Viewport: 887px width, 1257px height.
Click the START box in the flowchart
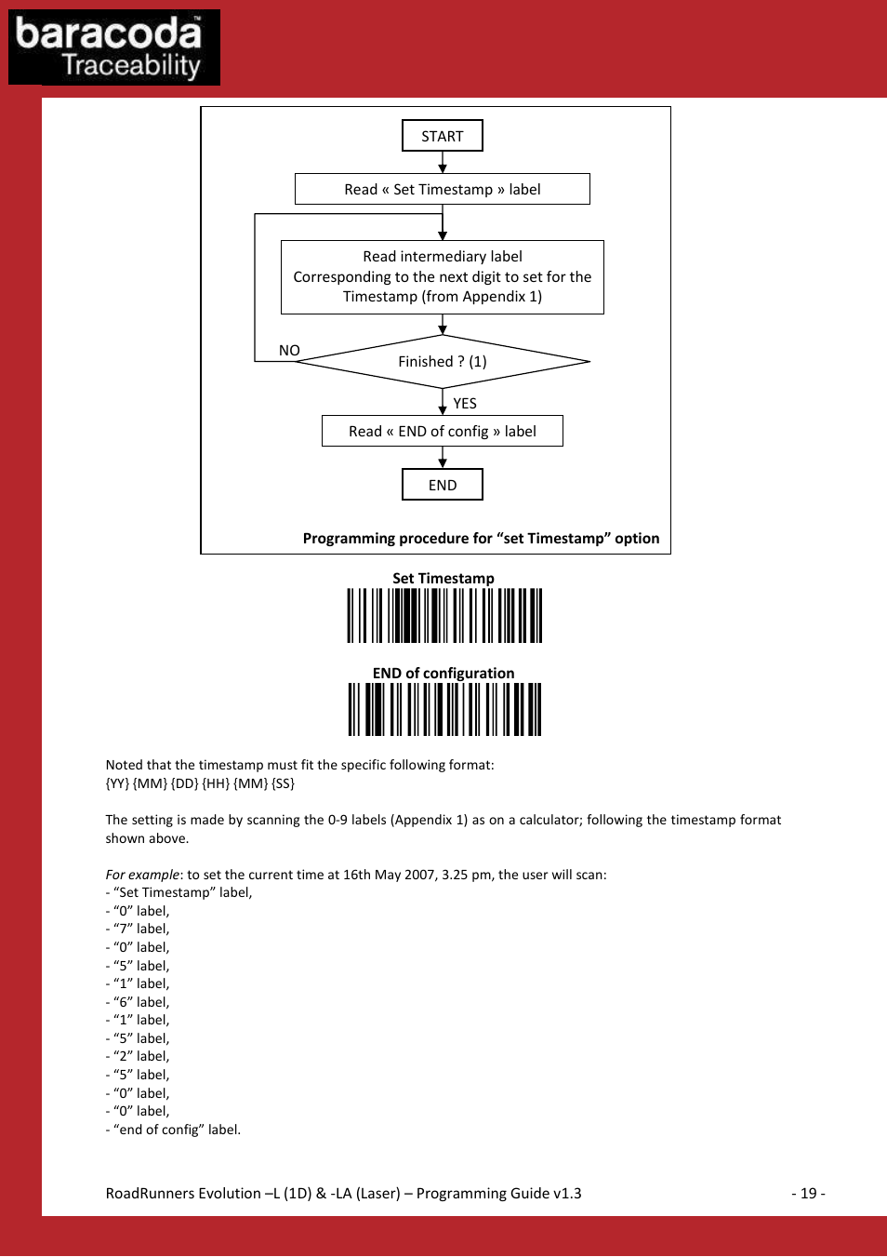click(443, 136)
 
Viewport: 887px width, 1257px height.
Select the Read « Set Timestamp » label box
click(443, 189)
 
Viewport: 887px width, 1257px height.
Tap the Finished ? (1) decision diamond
click(443, 361)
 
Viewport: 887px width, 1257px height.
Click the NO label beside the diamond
click(289, 351)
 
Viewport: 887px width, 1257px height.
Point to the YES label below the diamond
click(465, 404)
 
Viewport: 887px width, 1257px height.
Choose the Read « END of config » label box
click(443, 432)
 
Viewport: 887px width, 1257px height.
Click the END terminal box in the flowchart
click(443, 485)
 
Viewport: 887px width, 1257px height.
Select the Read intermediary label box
click(443, 276)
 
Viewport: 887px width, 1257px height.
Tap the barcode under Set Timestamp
click(444, 616)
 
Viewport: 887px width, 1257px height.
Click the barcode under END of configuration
click(444, 710)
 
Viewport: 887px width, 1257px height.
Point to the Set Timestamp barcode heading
click(443, 579)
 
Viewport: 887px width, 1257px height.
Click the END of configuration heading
click(443, 674)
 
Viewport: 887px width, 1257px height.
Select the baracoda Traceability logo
click(114, 47)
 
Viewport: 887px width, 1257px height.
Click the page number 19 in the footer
click(808, 1194)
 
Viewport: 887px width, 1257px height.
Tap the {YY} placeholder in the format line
click(117, 783)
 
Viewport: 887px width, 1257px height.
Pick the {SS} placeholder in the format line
click(283, 783)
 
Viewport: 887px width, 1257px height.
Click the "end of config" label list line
click(175, 1130)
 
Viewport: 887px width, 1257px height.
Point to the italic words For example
click(142, 875)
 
